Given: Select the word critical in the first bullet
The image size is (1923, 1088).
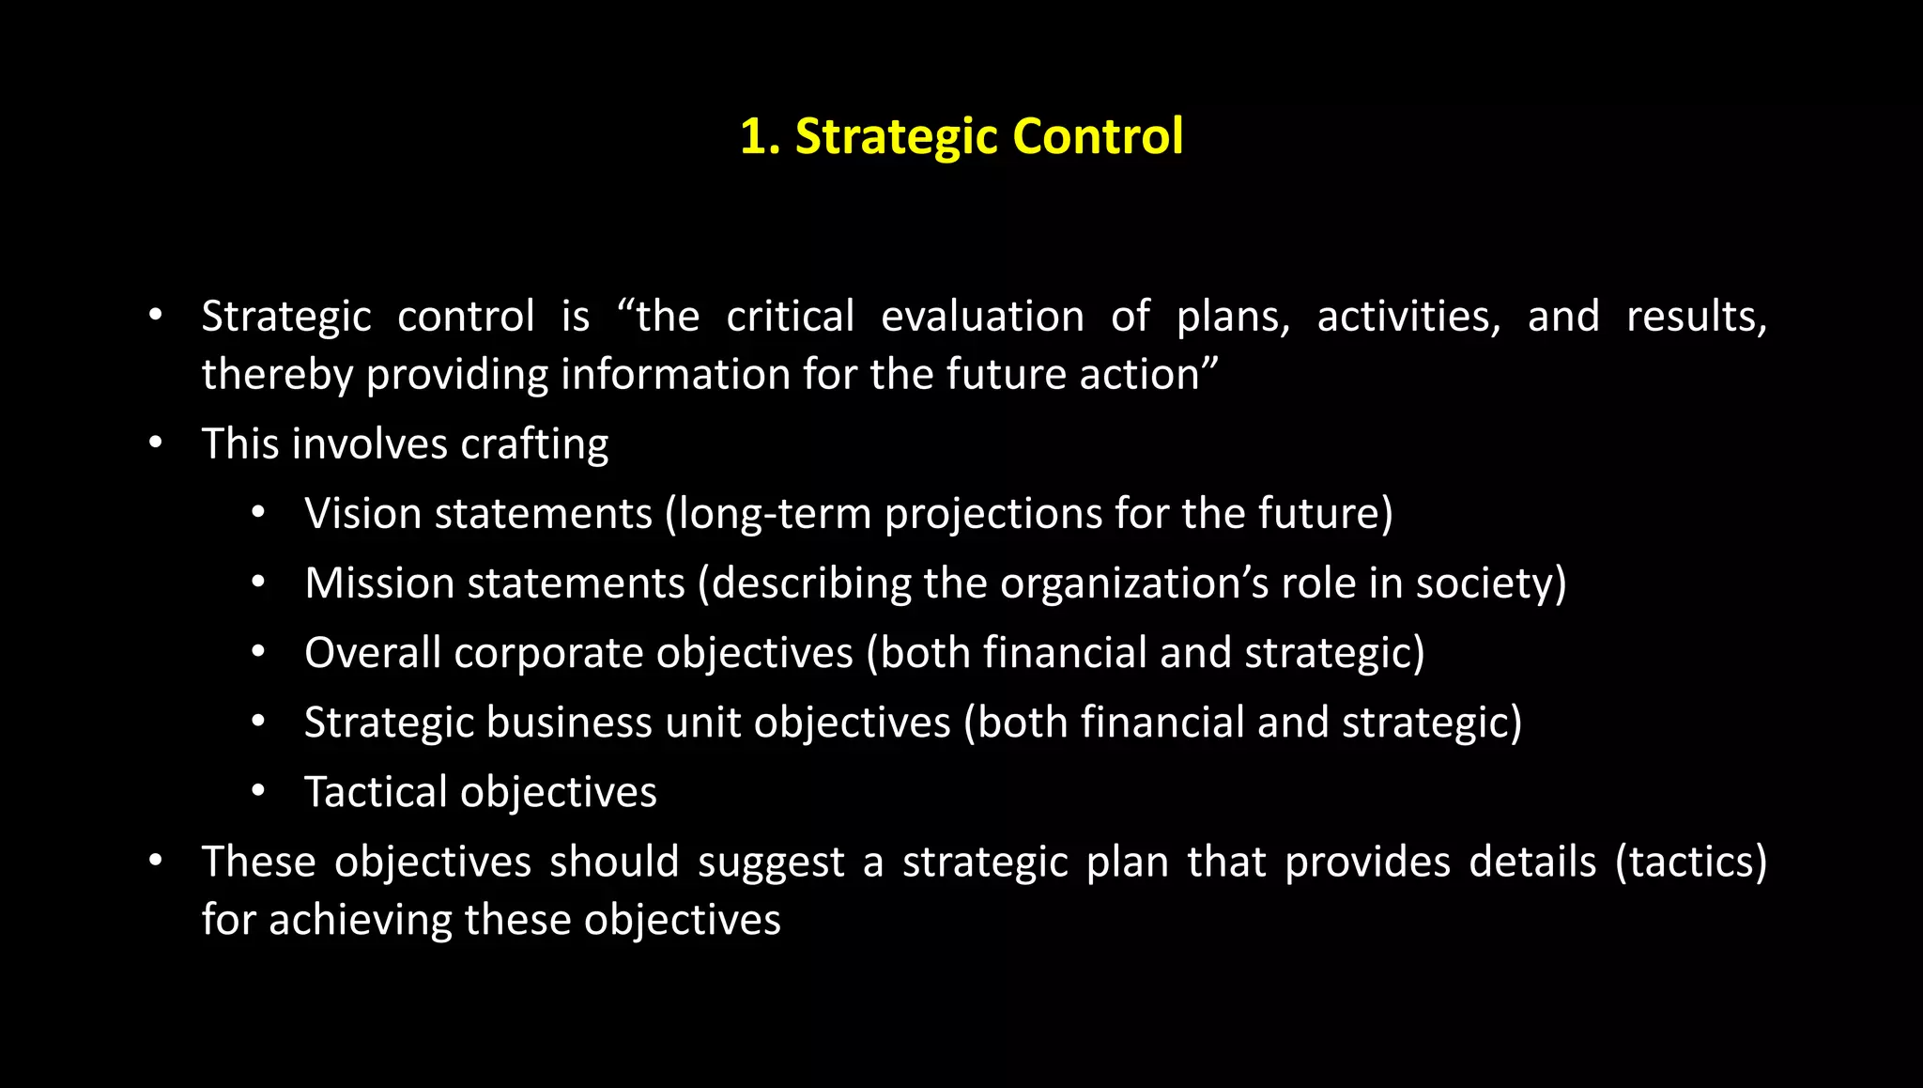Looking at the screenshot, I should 790,317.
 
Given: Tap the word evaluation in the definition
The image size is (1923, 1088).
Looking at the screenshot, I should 982,317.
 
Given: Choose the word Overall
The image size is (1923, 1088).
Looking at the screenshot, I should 372,653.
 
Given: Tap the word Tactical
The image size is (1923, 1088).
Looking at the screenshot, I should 376,792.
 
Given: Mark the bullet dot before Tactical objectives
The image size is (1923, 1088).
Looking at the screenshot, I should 258,791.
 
